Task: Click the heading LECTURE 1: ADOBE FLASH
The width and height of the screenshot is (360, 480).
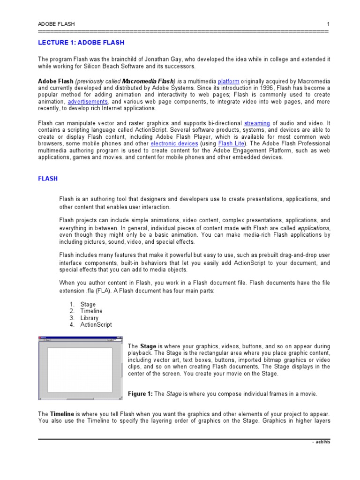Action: (81, 43)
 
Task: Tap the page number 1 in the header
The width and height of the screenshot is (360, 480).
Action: (329, 23)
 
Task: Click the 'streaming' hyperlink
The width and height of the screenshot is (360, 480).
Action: (257, 123)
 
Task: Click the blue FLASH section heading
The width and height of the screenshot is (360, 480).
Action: (48, 179)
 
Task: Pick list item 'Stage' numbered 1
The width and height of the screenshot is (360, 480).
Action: (88, 305)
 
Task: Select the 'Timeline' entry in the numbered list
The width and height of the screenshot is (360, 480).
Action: (91, 311)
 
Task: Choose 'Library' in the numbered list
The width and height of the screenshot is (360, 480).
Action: (90, 318)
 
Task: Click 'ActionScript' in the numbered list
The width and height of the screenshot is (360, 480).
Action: (96, 324)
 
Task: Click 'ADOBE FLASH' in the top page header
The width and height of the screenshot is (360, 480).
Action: (56, 23)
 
